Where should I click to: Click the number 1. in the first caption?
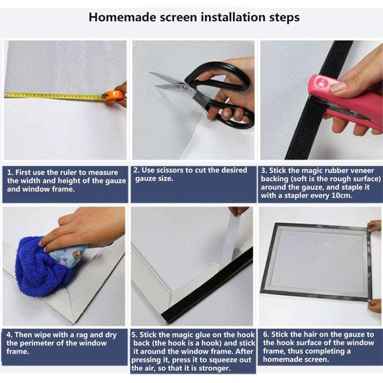(x=10, y=173)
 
